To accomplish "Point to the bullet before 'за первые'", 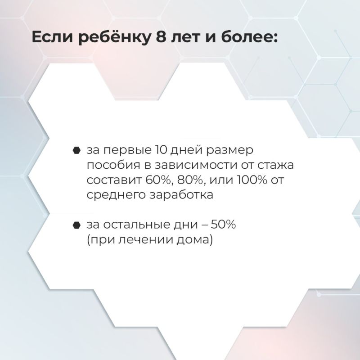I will pos(77,150).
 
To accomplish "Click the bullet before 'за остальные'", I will pos(77,225).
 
